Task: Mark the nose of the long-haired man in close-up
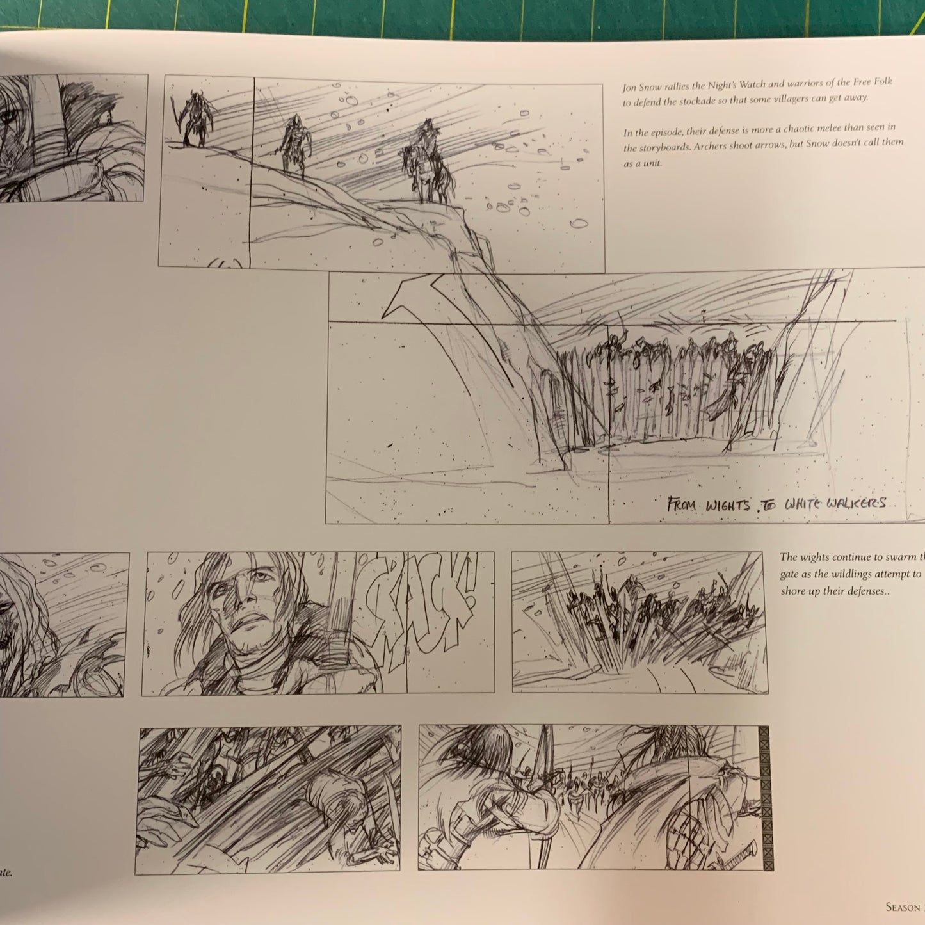(x=245, y=599)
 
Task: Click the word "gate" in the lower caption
(x=790, y=575)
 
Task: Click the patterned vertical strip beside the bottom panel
(x=763, y=798)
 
